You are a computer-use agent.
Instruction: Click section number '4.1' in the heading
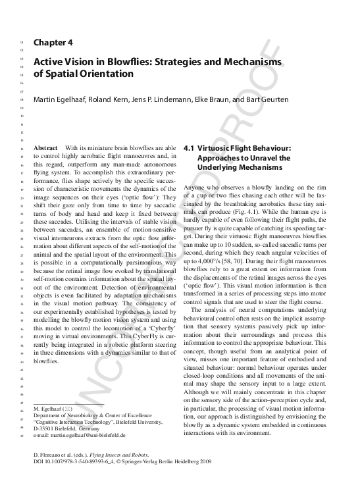[x=191, y=149]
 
